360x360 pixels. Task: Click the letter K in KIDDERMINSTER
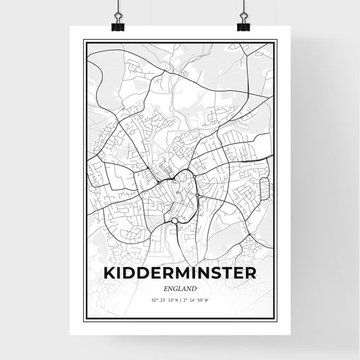coord(111,273)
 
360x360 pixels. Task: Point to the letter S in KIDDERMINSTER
coord(213,273)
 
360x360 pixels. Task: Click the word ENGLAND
coord(180,287)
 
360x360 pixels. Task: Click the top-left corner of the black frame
coord(84,42)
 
